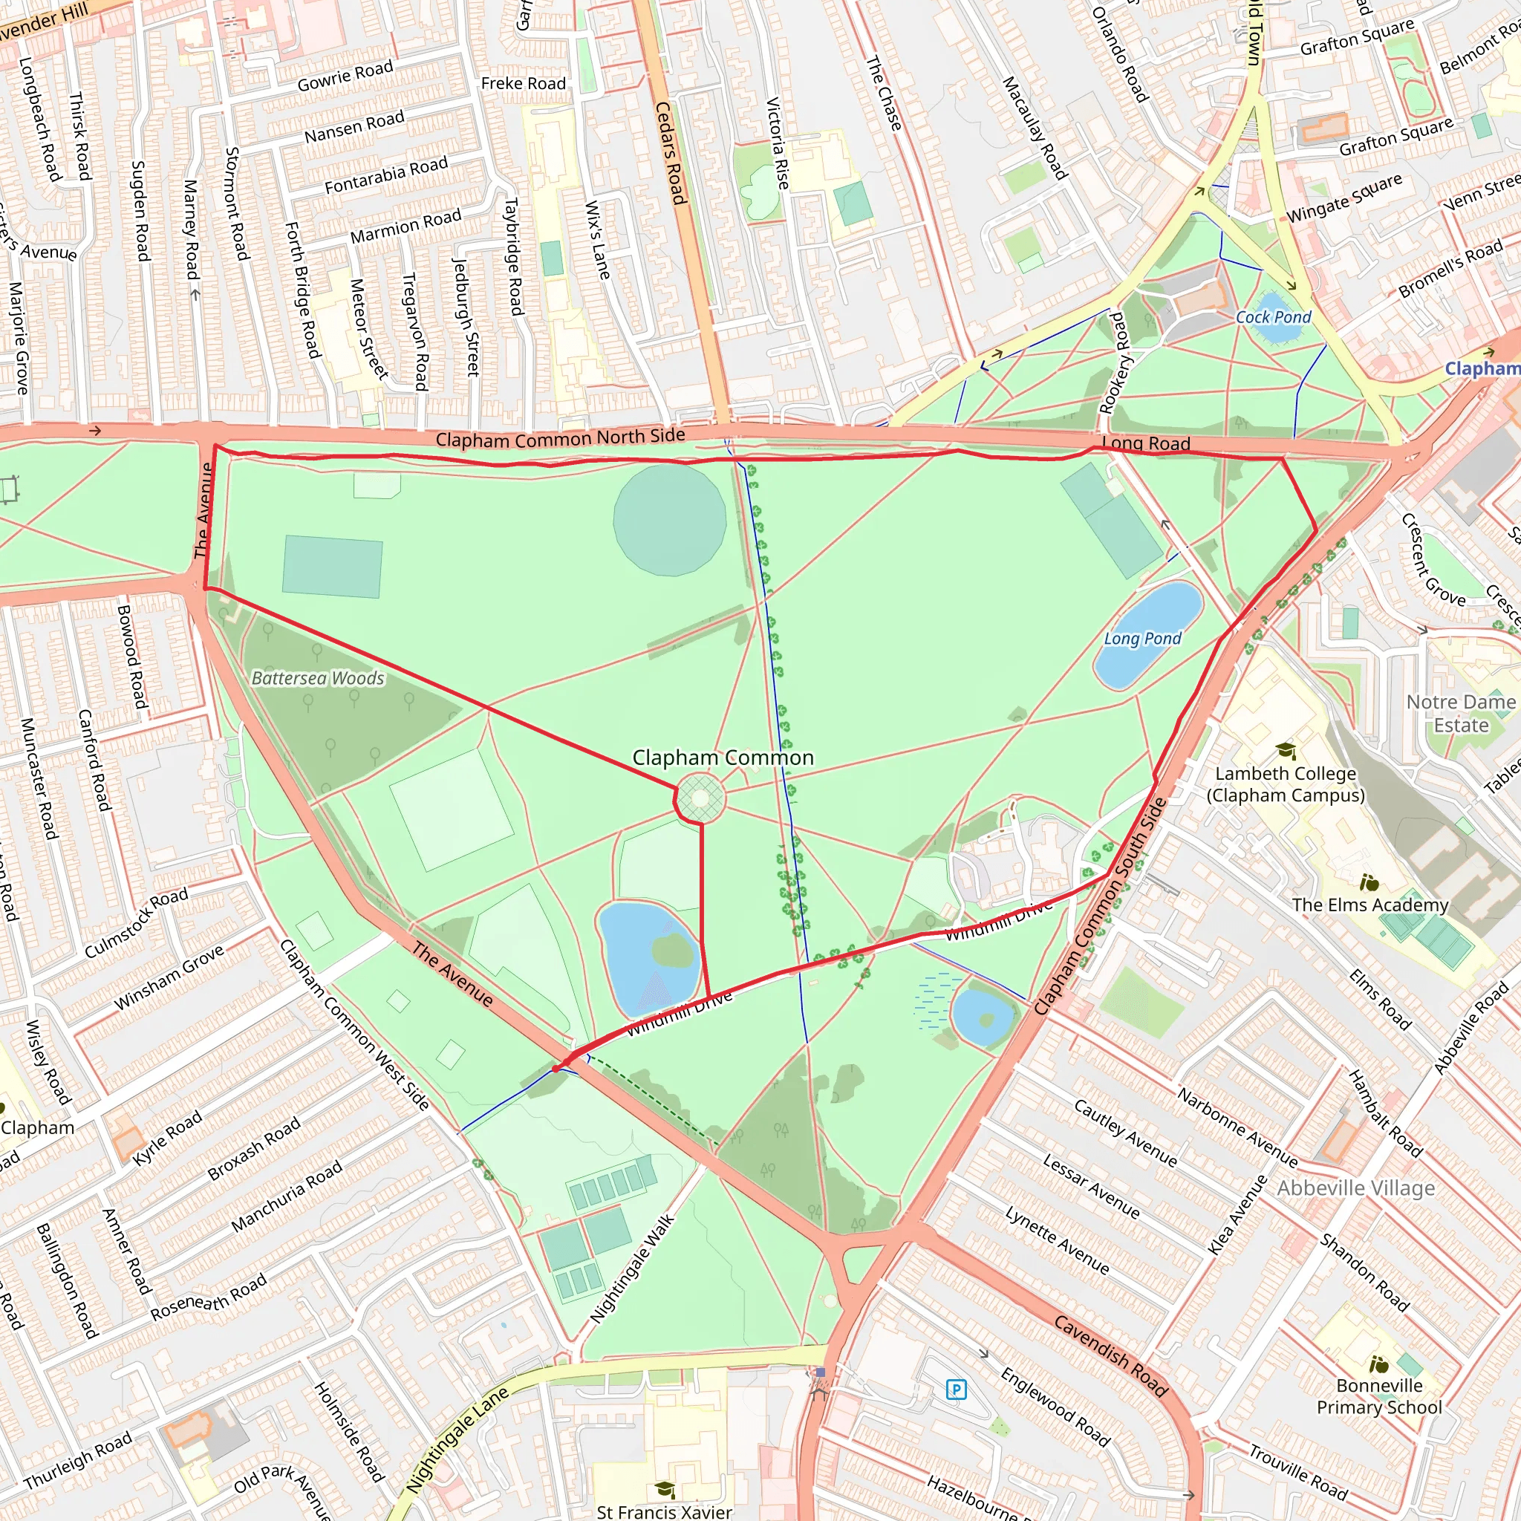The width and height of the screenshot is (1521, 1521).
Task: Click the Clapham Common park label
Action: point(723,758)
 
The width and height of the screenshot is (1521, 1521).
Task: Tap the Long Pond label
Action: point(1142,639)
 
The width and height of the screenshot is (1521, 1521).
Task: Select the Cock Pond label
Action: point(1273,317)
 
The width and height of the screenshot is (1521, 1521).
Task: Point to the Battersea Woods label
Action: point(318,678)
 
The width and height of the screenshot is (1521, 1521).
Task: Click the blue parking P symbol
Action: point(956,1390)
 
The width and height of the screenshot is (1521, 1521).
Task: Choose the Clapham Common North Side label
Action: point(561,437)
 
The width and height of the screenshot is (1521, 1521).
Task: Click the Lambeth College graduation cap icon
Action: point(1286,750)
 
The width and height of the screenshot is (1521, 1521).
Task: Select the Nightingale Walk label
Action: point(632,1268)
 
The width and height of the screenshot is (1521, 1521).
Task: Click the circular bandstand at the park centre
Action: point(700,798)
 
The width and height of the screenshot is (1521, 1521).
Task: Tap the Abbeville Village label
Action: point(1355,1188)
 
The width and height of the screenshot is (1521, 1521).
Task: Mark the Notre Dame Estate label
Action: point(1460,713)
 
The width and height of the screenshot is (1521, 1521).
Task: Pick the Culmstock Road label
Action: point(136,922)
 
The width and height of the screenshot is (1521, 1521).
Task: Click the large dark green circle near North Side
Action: point(670,519)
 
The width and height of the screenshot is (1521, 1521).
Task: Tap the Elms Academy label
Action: point(1369,905)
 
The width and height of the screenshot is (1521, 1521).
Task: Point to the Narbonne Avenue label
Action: point(1237,1127)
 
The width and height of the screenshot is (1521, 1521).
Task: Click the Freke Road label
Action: point(523,83)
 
